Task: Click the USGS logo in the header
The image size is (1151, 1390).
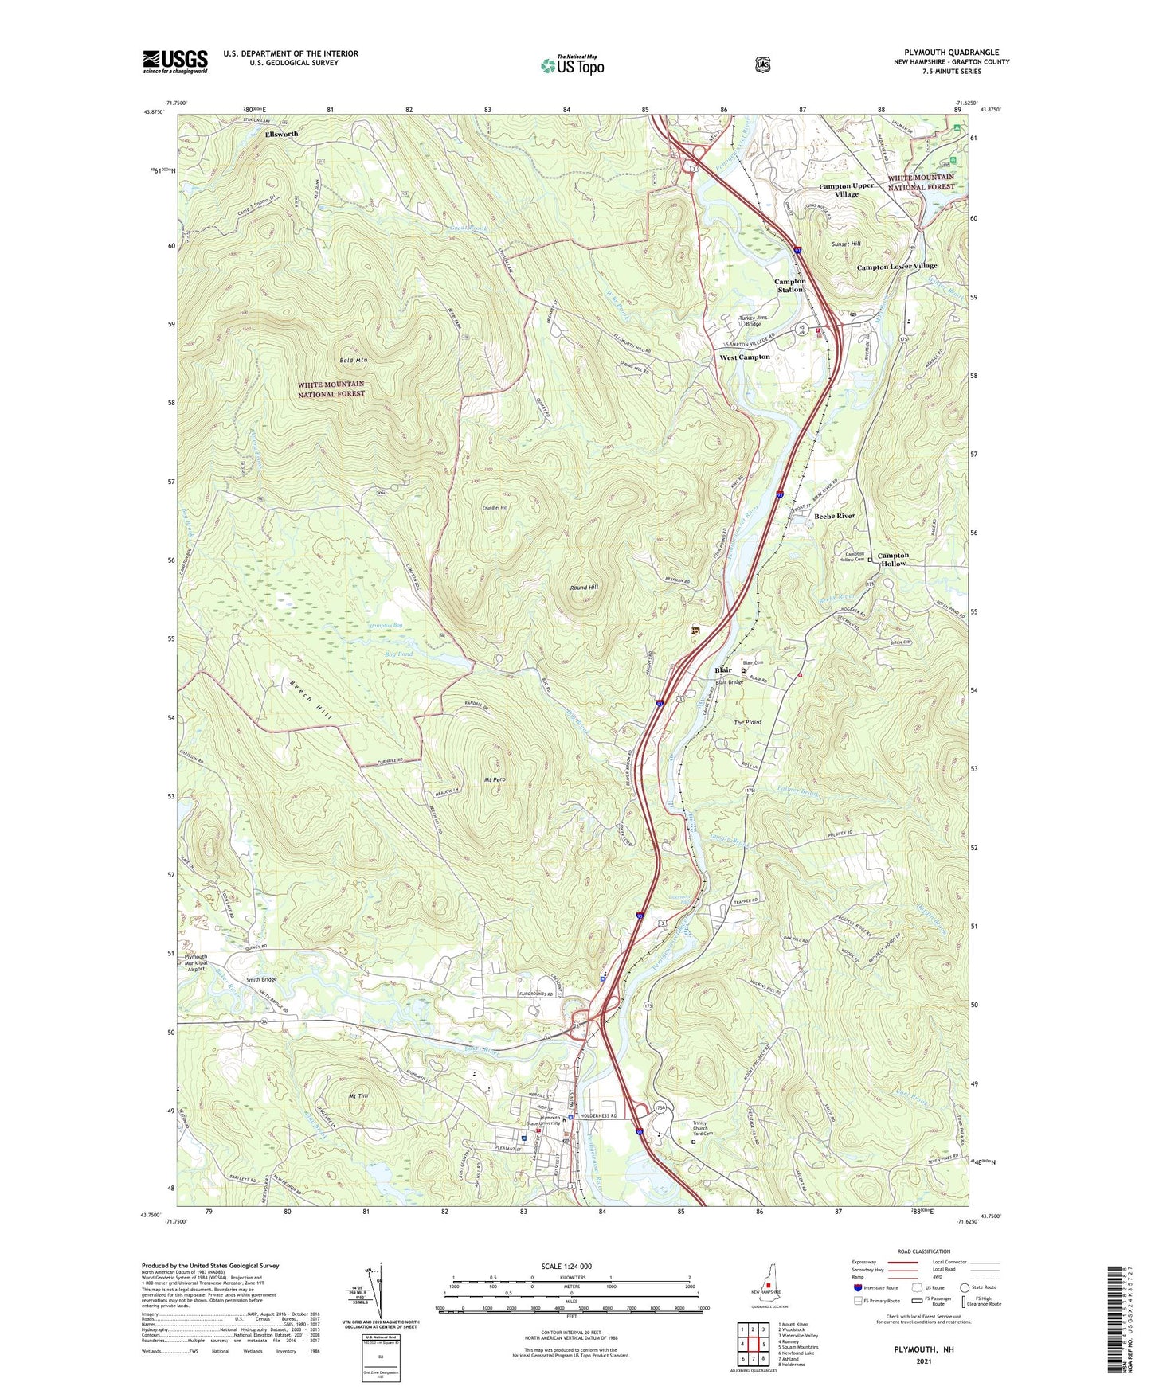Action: coord(175,61)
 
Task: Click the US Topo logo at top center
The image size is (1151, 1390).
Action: coord(572,65)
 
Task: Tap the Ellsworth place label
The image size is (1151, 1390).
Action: coord(281,134)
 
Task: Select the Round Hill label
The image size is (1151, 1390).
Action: coord(584,588)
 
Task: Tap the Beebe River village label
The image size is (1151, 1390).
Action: coord(835,516)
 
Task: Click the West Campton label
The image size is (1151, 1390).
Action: coord(745,357)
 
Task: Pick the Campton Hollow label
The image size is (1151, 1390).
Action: coord(893,559)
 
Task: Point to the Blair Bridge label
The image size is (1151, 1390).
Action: coord(729,682)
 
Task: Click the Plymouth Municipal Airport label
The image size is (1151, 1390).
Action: coord(196,962)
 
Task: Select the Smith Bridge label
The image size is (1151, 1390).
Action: coord(261,979)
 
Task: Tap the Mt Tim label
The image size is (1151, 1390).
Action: coord(358,1096)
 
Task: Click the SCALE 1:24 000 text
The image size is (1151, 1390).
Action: coord(566,1266)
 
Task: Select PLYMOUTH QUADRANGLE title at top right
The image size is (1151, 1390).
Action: coord(951,52)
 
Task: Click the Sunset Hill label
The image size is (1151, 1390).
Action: coord(846,244)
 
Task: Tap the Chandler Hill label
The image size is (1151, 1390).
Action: coord(495,507)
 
